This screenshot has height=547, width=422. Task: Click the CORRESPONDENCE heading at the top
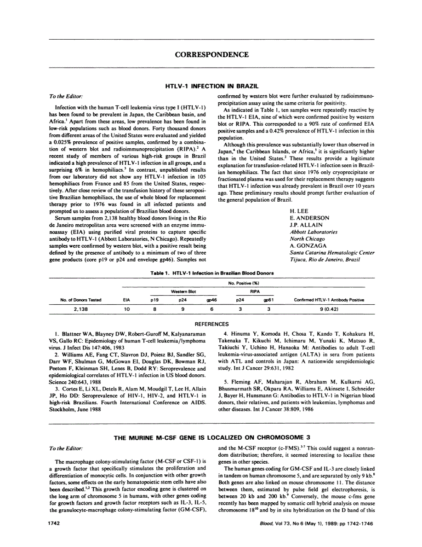pyautogui.click(x=212, y=55)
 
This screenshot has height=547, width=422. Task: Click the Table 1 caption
pyautogui.click(x=212, y=273)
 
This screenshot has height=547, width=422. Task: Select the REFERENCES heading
pyautogui.click(x=212, y=324)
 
